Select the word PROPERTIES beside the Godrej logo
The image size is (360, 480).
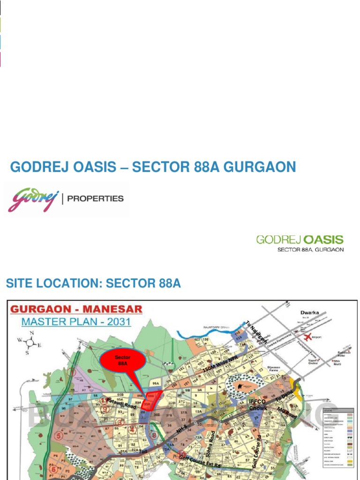click(x=96, y=198)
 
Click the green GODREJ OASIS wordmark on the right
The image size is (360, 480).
click(x=300, y=240)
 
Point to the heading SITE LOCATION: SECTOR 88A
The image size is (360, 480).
click(x=93, y=283)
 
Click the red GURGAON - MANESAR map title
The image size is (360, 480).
click(x=76, y=310)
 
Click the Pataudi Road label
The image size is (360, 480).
click(x=121, y=404)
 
